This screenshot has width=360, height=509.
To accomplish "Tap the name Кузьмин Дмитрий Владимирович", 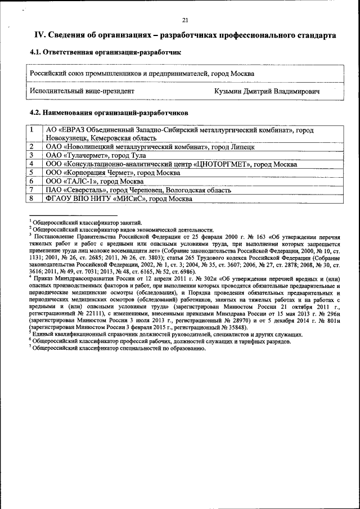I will pos(267,91).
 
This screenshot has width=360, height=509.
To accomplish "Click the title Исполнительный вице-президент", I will pos(82,91).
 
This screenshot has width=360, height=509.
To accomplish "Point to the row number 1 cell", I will pos(33,130).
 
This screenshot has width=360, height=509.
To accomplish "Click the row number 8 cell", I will pos(33,199).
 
